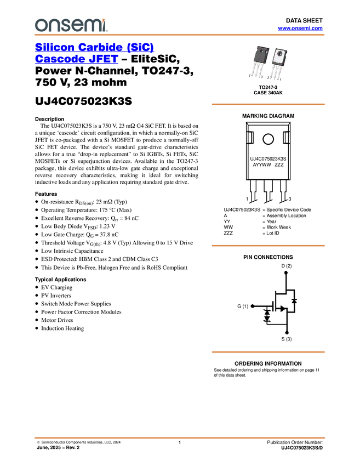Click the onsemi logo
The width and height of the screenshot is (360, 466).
71,25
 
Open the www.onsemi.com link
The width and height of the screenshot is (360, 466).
300,28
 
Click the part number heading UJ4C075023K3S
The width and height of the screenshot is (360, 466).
83,101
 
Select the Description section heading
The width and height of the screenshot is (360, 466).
50,119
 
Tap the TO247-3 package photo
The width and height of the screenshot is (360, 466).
268,62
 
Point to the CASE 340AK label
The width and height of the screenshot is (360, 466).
268,93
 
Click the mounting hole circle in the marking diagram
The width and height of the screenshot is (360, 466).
268,139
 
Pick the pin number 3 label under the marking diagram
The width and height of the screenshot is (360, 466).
290,199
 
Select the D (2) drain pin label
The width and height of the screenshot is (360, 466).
287,266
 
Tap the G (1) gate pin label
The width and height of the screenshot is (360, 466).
243,306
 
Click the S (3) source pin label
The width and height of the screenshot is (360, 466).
287,339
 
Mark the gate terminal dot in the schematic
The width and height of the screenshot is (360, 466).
253,306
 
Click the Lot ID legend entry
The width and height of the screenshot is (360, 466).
273,233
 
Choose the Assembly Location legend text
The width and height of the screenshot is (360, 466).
286,215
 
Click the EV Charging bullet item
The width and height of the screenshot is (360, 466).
56,287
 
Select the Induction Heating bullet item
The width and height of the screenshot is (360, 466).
62,328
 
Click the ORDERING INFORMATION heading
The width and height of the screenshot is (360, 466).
268,363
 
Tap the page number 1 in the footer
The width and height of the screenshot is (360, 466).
180,442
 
